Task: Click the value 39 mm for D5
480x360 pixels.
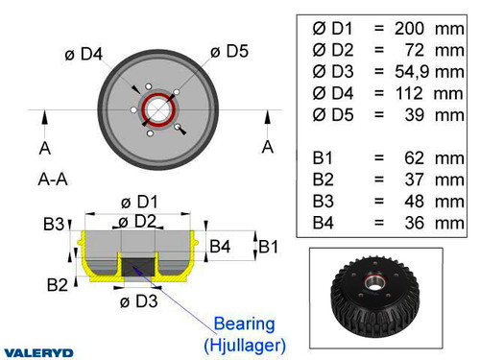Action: pyautogui.click(x=430, y=114)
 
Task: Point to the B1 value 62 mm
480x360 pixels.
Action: pyautogui.click(x=430, y=157)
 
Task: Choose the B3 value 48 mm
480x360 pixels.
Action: pyautogui.click(x=430, y=201)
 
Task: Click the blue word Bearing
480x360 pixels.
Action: pyautogui.click(x=243, y=324)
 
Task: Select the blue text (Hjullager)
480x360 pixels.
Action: pyautogui.click(x=243, y=343)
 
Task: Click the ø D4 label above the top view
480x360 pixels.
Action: pyautogui.click(x=84, y=55)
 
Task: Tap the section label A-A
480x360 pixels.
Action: pyautogui.click(x=53, y=178)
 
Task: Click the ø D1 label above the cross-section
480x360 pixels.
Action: pyautogui.click(x=138, y=203)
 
